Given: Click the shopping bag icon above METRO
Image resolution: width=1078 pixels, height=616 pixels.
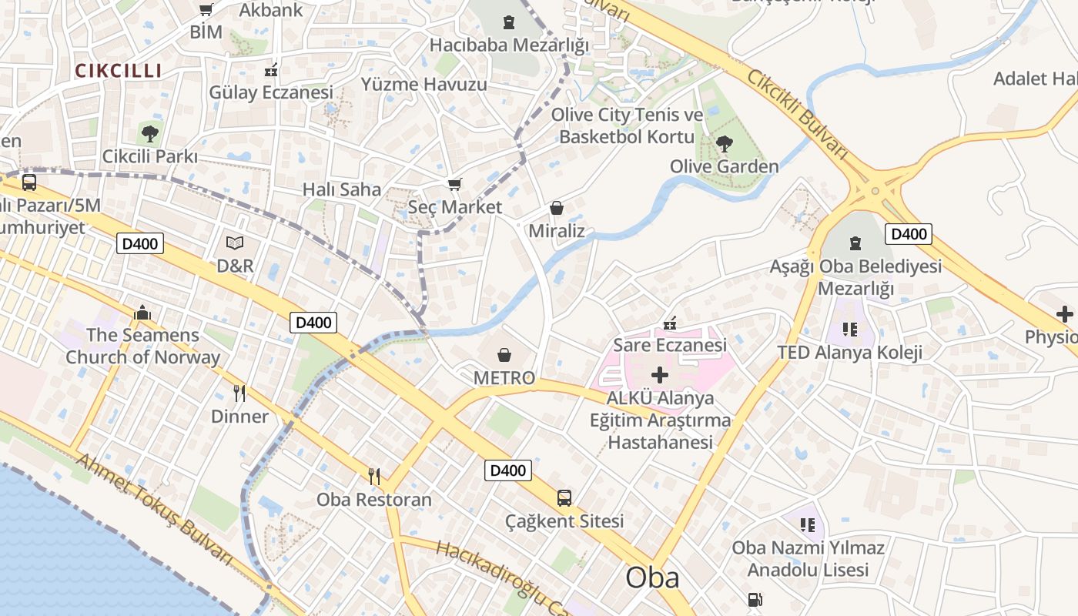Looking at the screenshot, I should click(504, 354).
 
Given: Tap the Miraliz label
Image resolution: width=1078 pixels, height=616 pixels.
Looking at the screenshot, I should click(557, 231).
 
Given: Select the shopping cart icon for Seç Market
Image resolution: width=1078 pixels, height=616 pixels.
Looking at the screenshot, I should click(455, 184).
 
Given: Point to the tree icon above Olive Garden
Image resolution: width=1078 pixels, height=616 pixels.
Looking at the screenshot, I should click(724, 143).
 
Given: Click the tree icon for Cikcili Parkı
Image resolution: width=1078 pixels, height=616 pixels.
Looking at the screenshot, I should click(150, 134).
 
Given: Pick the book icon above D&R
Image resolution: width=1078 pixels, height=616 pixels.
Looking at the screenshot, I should click(235, 243).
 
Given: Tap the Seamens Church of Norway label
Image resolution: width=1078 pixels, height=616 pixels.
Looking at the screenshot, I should click(142, 346).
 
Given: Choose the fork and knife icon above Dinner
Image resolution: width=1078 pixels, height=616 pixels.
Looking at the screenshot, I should click(239, 393).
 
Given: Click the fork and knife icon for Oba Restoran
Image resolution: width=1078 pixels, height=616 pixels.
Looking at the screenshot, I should click(374, 477).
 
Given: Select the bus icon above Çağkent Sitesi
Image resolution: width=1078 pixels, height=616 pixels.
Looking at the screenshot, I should click(564, 498).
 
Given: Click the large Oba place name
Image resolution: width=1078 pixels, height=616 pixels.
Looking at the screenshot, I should click(652, 578).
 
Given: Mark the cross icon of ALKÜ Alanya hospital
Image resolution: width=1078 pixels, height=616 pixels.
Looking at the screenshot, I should click(660, 376).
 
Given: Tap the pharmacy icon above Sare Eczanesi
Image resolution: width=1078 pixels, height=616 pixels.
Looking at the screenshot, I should click(670, 323).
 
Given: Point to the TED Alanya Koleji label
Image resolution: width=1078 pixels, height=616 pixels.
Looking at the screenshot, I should click(850, 353).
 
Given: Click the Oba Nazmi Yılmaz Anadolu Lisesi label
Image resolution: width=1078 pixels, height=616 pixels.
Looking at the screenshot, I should click(808, 559).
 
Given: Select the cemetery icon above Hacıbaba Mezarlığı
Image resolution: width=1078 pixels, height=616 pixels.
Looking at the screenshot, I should click(508, 22).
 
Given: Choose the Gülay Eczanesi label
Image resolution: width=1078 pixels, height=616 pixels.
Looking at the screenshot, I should click(271, 92).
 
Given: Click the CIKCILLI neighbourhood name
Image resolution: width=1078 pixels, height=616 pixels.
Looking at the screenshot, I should click(119, 71).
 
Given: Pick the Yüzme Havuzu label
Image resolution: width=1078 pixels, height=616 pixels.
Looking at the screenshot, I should click(424, 84).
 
